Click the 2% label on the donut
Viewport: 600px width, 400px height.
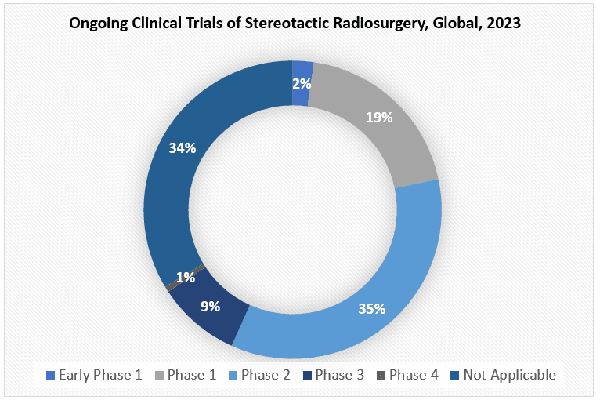pyautogui.click(x=302, y=83)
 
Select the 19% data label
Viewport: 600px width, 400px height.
pyautogui.click(x=379, y=117)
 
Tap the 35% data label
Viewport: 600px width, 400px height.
pyautogui.click(x=372, y=308)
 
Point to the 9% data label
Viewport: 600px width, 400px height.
pyautogui.click(x=211, y=306)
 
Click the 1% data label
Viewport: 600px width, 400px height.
pyautogui.click(x=186, y=278)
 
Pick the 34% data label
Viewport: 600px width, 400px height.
pyautogui.click(x=183, y=148)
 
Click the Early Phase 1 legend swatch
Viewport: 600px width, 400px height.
pyautogui.click(x=50, y=375)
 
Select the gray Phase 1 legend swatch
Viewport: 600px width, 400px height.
pyautogui.click(x=159, y=375)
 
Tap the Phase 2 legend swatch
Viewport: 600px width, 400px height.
pyautogui.click(x=233, y=375)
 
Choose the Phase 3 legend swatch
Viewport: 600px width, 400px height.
pyautogui.click(x=307, y=375)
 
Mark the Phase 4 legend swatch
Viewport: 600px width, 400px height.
pyautogui.click(x=381, y=375)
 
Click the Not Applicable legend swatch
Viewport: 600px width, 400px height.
pyautogui.click(x=455, y=375)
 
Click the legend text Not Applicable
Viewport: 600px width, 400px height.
pyautogui.click(x=510, y=375)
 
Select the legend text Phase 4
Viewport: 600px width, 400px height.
pyautogui.click(x=414, y=375)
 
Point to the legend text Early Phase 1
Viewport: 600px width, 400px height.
pyautogui.click(x=100, y=375)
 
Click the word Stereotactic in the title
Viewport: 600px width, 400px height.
pyautogui.click(x=287, y=23)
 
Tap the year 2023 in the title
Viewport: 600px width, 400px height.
pyautogui.click(x=504, y=23)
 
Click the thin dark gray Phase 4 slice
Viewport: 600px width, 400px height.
pyautogui.click(x=185, y=276)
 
